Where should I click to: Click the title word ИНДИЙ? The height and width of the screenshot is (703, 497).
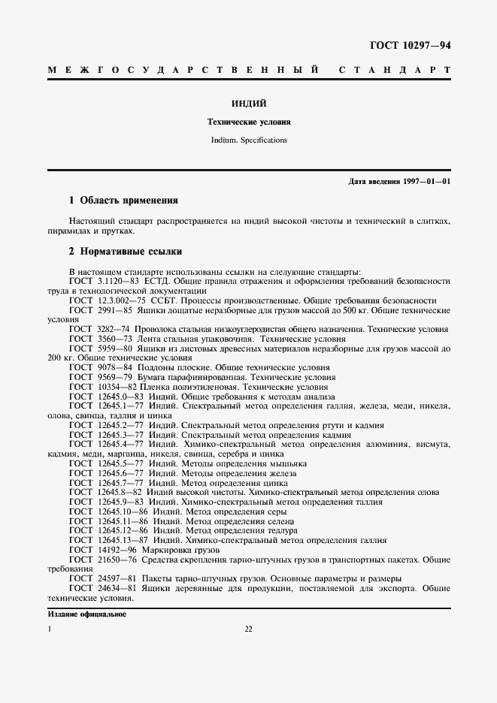[x=248, y=102]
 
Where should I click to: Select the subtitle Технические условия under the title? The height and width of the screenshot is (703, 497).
[x=248, y=121]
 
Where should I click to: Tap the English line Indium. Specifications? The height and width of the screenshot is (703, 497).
[x=248, y=140]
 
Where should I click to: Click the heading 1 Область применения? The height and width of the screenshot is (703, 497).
[x=123, y=201]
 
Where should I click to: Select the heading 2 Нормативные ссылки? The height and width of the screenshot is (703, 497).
[x=125, y=251]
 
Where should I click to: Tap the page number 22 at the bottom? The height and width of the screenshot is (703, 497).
[x=248, y=629]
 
